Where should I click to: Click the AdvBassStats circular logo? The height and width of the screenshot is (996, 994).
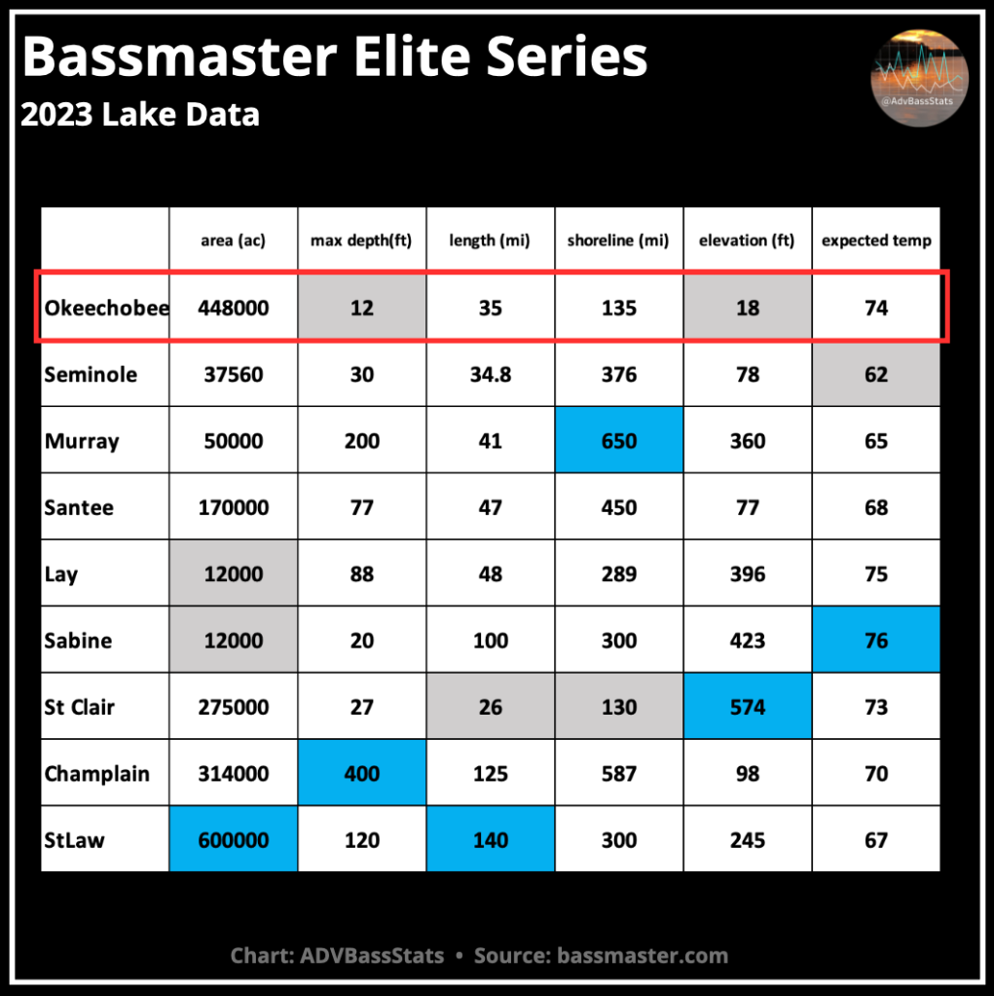point(919,78)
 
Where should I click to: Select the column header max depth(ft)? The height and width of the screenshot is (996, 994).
point(361,240)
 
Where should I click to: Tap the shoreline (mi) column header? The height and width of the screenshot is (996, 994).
point(618,240)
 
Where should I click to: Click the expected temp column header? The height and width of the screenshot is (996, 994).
point(876,240)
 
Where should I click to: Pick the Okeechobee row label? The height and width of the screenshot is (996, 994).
point(107,308)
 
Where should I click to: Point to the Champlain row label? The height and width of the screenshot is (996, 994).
point(96,774)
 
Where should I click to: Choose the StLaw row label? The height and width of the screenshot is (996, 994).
point(74,840)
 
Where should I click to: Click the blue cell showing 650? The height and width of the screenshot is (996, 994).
point(619,440)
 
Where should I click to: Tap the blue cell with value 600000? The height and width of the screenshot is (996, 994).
point(233,839)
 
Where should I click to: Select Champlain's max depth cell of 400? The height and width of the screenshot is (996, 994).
point(362,772)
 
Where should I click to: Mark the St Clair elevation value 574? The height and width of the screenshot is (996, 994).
point(748,706)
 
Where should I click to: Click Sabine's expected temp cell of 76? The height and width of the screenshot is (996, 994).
point(876,640)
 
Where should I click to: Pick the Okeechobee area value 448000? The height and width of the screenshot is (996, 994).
point(233,308)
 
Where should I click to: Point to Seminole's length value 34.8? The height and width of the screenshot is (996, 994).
point(491,375)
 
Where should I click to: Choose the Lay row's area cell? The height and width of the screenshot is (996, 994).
point(233,572)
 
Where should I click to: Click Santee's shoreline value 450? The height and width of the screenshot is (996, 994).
point(619,507)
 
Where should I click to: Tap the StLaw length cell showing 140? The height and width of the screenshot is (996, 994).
point(491,839)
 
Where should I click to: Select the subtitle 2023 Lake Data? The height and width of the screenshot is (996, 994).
point(140,115)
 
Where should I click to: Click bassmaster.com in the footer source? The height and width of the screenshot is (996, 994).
point(643,955)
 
